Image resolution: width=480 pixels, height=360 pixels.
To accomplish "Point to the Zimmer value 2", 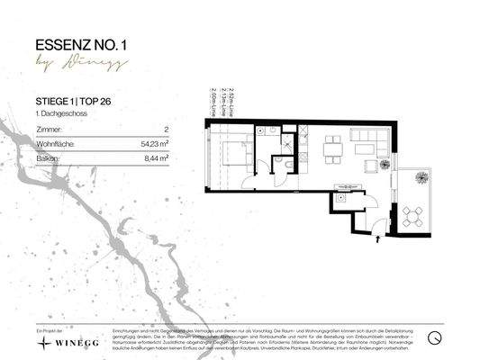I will tap(167, 130).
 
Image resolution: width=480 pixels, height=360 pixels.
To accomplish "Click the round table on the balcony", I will tap(412, 216).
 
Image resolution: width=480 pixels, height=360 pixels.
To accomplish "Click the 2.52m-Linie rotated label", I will tap(232, 103).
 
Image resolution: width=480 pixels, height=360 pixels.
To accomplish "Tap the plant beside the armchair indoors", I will tap(385, 164).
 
